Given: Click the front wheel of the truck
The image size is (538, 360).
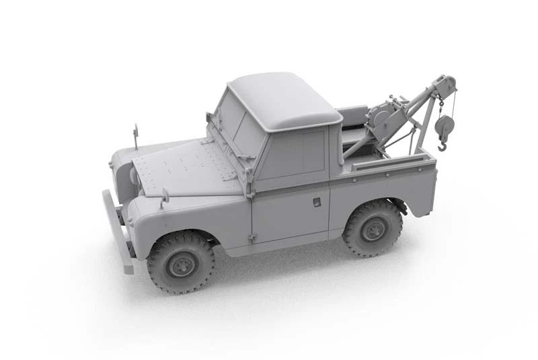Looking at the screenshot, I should pyautogui.click(x=180, y=262).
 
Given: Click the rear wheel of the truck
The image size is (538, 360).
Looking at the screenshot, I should pyautogui.click(x=373, y=228).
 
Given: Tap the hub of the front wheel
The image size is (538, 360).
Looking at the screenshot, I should pyautogui.click(x=181, y=265).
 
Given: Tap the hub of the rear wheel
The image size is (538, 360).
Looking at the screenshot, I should pyautogui.click(x=373, y=230).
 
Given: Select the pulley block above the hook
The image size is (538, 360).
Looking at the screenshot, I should pyautogui.click(x=445, y=125).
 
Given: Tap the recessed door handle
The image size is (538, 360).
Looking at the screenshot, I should pyautogui.click(x=317, y=202).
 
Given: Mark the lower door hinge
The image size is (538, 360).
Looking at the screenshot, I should pyautogui.click(x=253, y=238).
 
